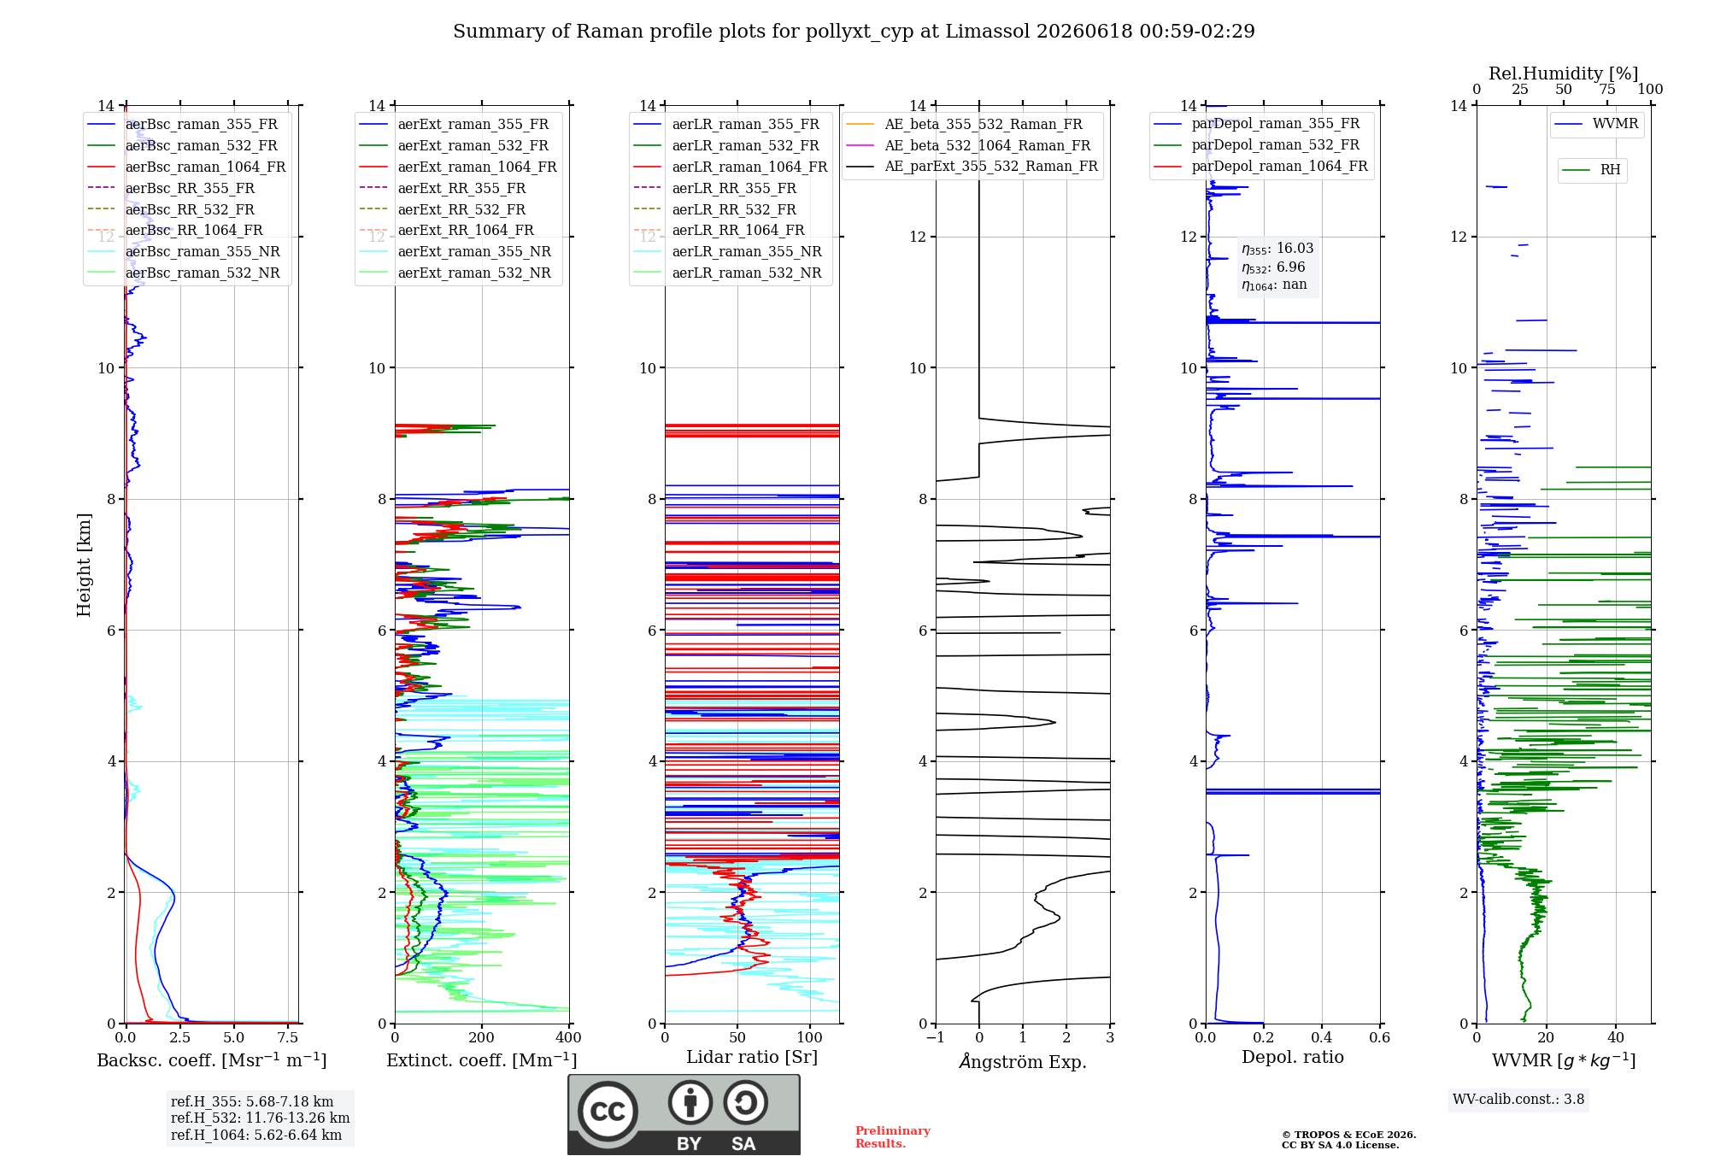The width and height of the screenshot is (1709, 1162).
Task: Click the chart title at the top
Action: point(854,32)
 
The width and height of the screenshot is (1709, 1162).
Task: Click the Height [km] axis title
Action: point(84,564)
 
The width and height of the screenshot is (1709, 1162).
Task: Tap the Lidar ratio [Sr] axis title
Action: point(752,1057)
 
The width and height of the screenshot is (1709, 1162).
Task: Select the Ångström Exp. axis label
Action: point(1023,1061)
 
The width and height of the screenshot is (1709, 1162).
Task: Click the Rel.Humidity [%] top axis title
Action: point(1564,73)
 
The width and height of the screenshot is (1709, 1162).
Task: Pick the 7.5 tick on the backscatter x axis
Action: point(288,1038)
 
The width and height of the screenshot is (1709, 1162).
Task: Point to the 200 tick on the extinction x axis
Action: point(482,1038)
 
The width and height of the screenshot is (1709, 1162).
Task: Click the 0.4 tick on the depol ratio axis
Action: point(1322,1038)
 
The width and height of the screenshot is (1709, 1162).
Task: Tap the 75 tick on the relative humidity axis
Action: point(1607,90)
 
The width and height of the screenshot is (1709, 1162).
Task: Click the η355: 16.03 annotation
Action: point(1277,249)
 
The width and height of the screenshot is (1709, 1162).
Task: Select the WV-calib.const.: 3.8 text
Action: point(1518,1100)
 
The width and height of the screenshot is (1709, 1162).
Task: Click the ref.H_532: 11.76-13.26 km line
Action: point(260,1118)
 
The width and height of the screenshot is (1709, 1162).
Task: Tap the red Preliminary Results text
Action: point(893,1137)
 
